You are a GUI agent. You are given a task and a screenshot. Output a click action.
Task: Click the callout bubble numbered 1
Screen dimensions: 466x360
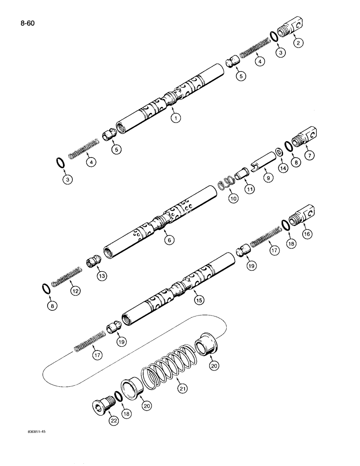175,118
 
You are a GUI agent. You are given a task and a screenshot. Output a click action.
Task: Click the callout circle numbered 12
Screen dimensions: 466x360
75,291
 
